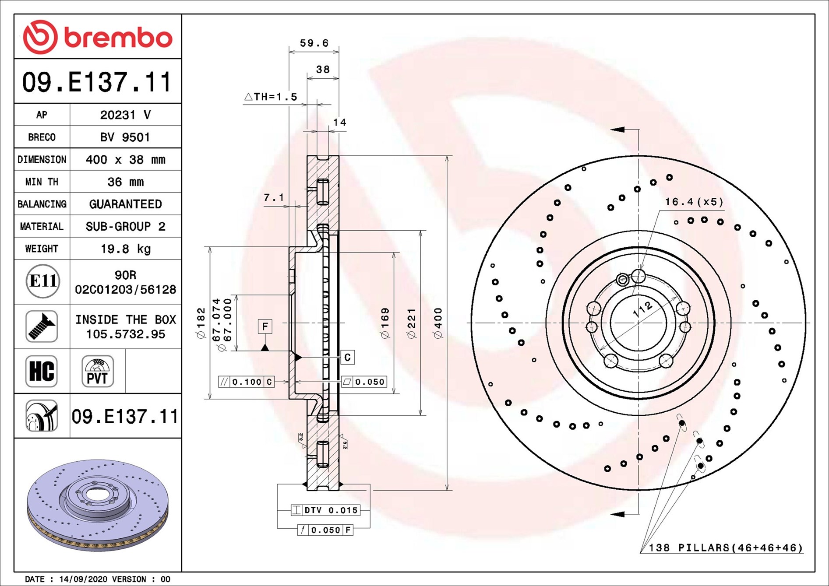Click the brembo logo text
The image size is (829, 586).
click(x=118, y=38)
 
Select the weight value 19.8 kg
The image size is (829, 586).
click(x=126, y=249)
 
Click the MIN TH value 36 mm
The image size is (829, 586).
click(x=126, y=182)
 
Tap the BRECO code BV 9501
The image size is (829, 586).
click(x=125, y=137)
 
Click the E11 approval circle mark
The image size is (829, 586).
click(x=42, y=281)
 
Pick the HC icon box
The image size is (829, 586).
click(x=42, y=371)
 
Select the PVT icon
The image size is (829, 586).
click(x=97, y=371)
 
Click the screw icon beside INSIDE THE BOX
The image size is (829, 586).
click(x=42, y=326)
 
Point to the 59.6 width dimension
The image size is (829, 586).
click(x=314, y=43)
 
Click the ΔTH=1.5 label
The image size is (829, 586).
click(x=271, y=97)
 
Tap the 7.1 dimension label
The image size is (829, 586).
click(x=273, y=198)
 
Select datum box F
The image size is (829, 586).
click(x=265, y=326)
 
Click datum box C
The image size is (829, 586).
click(x=347, y=357)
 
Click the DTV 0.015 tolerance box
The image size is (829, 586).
click(x=326, y=510)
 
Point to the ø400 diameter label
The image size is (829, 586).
click(x=438, y=323)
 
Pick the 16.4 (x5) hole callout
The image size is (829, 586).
click(x=694, y=202)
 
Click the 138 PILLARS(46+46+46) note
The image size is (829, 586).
click(x=726, y=547)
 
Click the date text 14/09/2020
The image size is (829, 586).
click(x=83, y=579)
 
